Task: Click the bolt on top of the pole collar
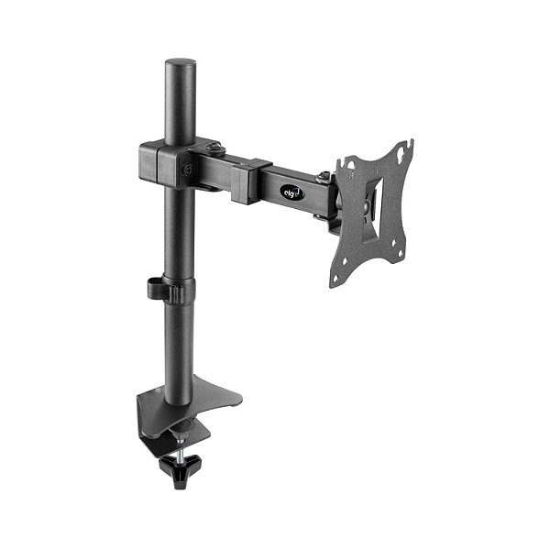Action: coord(215,147)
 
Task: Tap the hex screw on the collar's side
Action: coord(186,169)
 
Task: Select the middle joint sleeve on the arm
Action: coord(250,180)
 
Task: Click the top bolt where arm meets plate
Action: coord(323,176)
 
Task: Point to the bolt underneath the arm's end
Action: coord(318,216)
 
